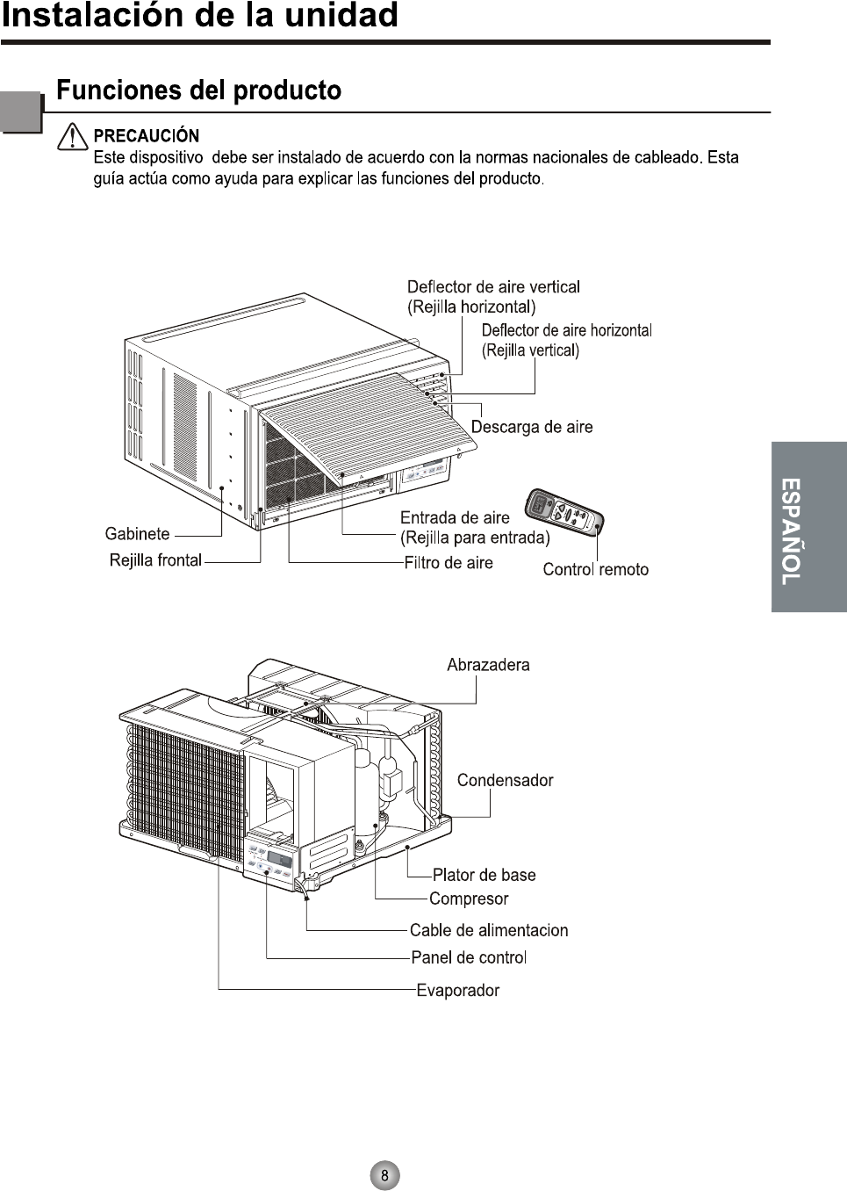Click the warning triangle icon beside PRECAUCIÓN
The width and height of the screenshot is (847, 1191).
[73, 137]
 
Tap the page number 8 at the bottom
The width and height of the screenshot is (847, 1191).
[384, 1175]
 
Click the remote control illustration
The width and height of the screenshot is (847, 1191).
[563, 513]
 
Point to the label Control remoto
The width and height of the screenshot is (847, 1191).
[595, 569]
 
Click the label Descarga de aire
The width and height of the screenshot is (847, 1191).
[532, 427]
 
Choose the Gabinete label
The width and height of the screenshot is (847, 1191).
[137, 534]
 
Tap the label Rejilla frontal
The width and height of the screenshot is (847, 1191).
[155, 560]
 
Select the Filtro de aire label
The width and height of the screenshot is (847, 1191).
[449, 563]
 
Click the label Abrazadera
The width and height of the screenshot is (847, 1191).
[488, 665]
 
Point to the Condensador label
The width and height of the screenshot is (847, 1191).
[505, 780]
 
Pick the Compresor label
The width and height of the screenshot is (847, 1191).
[469, 899]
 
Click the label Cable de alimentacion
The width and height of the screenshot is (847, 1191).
[489, 930]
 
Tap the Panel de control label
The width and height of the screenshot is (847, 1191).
[469, 957]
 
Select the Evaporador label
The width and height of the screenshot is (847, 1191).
[457, 990]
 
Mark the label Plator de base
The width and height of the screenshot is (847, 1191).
[484, 875]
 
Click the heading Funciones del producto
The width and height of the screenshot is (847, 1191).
[198, 90]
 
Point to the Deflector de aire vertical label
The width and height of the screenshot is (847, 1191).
[493, 287]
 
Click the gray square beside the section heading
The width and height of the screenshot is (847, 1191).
[20, 112]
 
